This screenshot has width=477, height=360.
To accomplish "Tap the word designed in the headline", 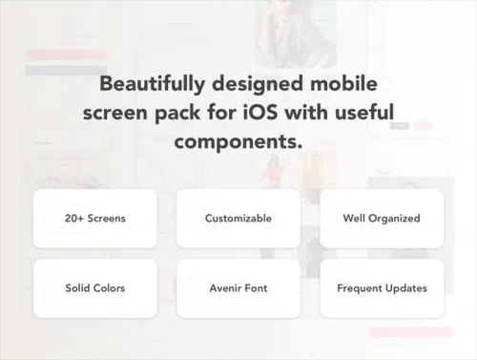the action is pos(258,84).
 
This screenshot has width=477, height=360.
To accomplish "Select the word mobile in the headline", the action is pos(343,83).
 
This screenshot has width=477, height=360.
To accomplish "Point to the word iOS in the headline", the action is pos(260,113).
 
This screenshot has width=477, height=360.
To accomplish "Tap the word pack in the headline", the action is pos(177,114).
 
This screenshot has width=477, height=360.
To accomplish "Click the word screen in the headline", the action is pos(115,114).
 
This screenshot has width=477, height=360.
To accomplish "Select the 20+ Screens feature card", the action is pos(95,219).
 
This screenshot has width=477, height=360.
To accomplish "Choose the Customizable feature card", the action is pos(238,219).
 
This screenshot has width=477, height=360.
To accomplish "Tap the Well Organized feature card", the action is pos(382,219).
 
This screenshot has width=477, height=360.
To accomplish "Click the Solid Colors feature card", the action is pos(95,288).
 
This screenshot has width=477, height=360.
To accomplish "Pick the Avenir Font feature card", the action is pos(238,288).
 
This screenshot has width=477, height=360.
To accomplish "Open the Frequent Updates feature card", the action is pos(382,288).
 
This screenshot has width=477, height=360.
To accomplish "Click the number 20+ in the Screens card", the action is pos(74,219).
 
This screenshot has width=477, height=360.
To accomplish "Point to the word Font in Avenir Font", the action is pos(257,288).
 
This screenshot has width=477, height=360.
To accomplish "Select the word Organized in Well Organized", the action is pos(394,219).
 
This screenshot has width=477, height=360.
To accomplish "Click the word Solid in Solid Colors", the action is pos(76,288).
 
